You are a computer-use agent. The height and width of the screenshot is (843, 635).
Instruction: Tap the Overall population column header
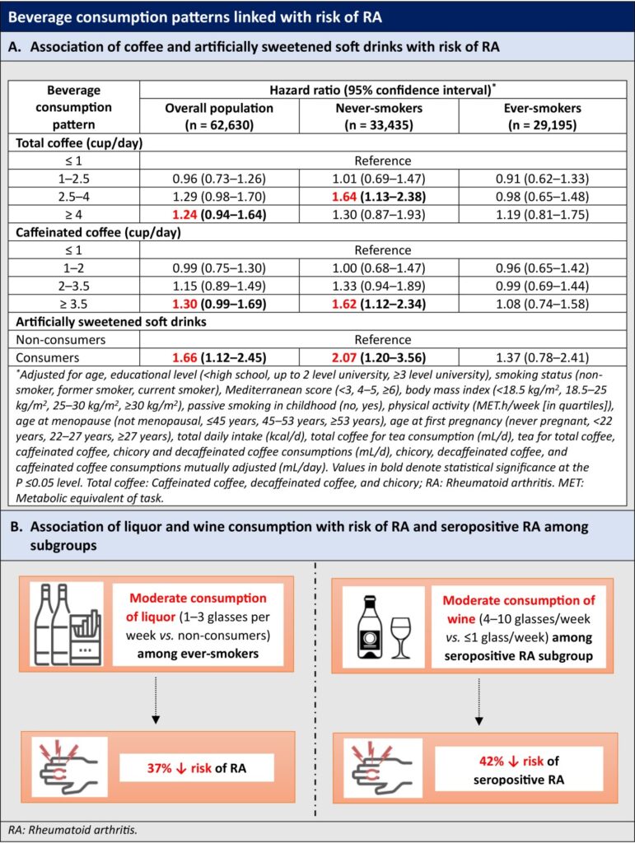[221, 114]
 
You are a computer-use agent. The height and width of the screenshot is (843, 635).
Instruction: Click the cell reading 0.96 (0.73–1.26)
[221, 179]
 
